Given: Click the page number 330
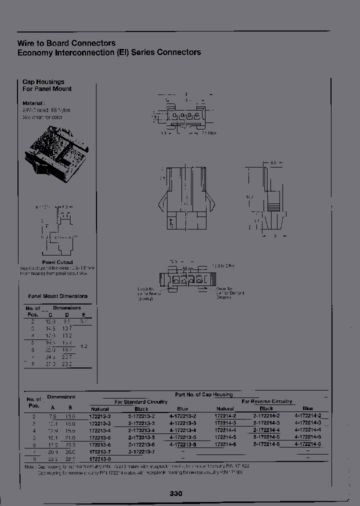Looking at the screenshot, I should (176, 493).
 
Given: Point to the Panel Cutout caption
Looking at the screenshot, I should (57, 262).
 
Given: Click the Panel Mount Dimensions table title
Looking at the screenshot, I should (57, 296).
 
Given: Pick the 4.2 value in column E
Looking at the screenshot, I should (84, 345).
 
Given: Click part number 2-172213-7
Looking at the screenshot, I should (141, 451).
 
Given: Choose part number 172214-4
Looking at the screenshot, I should (225, 429).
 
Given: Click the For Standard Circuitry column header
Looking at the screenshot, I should (141, 401).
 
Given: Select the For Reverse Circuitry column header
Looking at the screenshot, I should (267, 401).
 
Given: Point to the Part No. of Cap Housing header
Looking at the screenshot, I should (203, 394).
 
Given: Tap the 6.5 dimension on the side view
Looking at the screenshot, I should (273, 163).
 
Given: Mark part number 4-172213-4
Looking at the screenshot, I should (183, 430).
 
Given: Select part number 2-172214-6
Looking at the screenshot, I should (266, 444).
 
